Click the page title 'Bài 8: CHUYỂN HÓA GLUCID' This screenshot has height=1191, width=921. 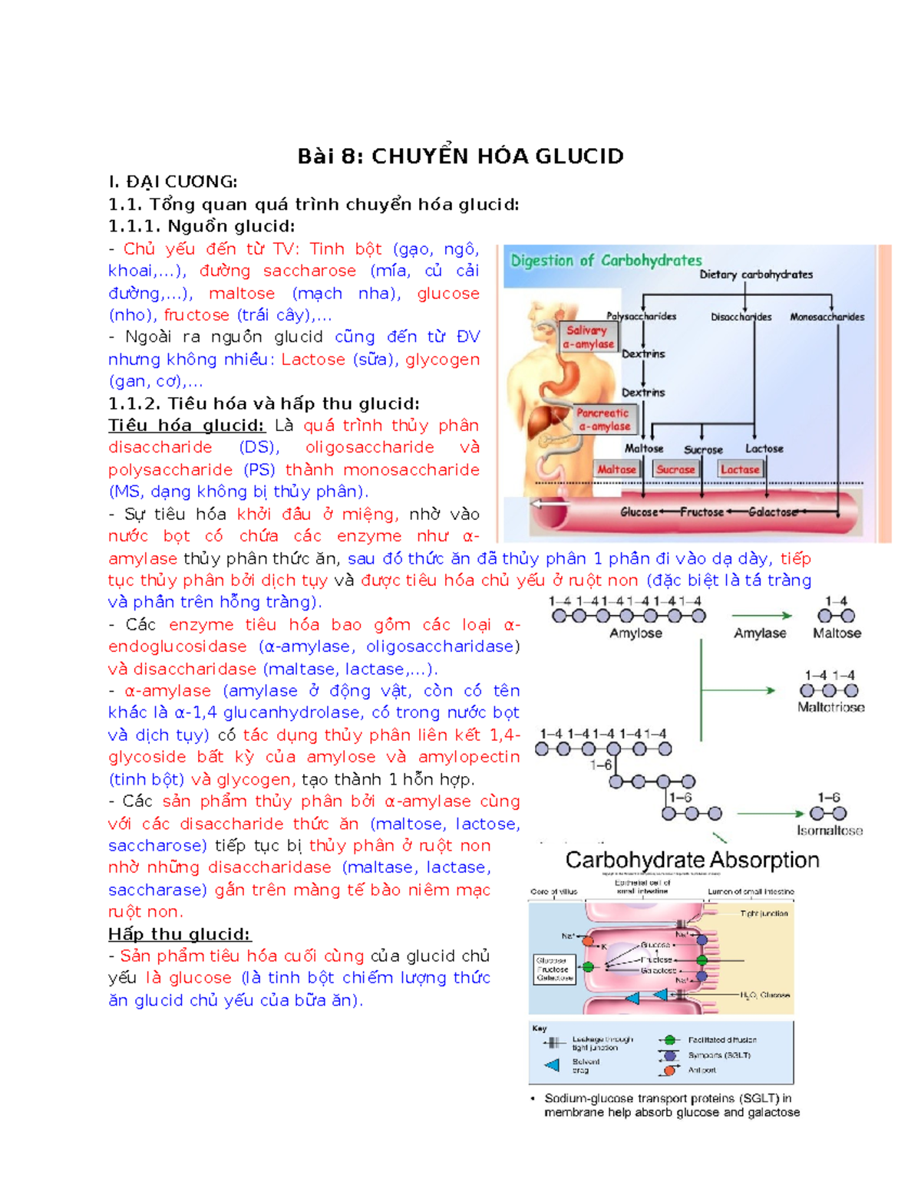460,156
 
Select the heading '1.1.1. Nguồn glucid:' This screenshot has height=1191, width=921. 201,226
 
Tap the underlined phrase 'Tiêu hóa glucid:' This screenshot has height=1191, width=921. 187,426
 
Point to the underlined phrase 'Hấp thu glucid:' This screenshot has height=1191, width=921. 180,934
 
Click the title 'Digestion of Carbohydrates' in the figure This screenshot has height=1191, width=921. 606,261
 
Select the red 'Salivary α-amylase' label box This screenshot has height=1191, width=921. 589,337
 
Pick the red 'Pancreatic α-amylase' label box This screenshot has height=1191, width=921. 603,419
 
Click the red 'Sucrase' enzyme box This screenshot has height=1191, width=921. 675,469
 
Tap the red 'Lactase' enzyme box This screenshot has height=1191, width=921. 740,469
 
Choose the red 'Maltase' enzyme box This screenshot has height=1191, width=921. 617,469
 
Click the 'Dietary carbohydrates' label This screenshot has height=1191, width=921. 756,275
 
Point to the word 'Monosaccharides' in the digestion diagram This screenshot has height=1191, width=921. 827,317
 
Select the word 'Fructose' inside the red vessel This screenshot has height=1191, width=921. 701,512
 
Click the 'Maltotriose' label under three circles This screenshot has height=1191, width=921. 830,707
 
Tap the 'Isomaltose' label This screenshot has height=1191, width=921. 829,831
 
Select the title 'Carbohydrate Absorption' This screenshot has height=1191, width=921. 692,860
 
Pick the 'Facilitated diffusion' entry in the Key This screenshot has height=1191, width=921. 721,1040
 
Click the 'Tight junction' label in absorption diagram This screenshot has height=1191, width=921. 764,913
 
